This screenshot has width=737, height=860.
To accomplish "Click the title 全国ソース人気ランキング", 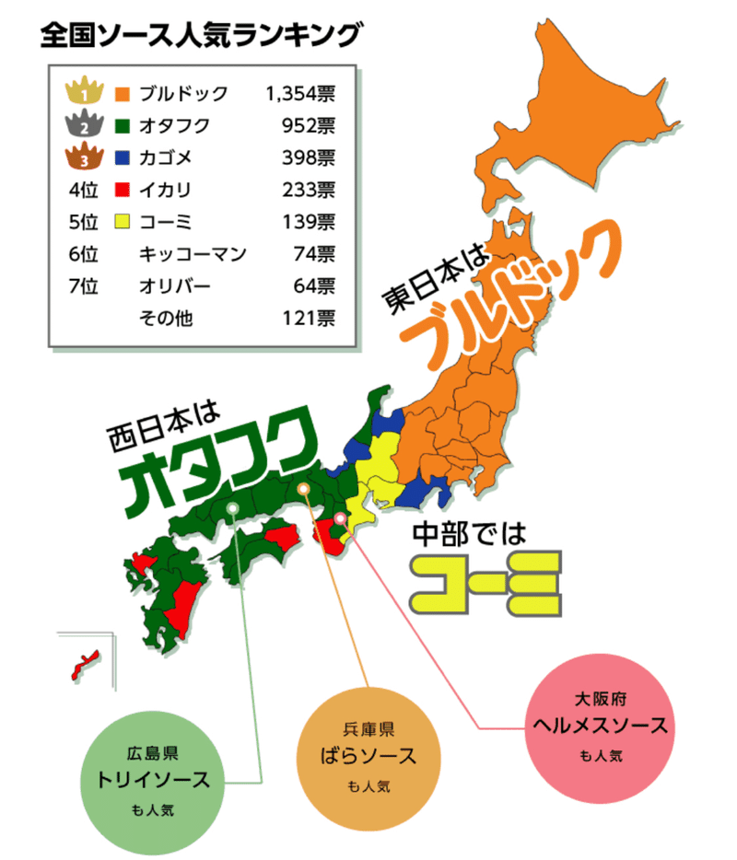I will coord(199,36).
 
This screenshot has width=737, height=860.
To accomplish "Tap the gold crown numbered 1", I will coord(83,92).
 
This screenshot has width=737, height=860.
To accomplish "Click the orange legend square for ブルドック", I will coord(123,93).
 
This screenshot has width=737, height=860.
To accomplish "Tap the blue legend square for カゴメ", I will coord(123,158).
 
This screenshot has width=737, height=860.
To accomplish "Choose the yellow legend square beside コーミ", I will coord(123,222).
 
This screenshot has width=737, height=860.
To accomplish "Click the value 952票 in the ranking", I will coord(310,125).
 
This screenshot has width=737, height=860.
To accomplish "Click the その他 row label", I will coord(166,318).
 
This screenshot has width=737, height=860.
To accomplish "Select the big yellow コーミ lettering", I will coord(487,581).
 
